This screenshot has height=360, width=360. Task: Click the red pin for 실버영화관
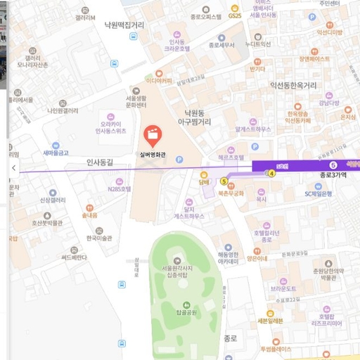coord(150,134)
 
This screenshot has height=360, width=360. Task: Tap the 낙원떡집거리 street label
coord(124,25)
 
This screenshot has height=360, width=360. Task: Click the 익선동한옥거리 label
coord(303,85)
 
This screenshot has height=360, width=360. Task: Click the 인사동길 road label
coord(101,162)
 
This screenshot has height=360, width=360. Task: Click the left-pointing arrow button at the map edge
coord(14,168)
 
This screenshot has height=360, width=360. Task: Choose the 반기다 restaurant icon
coord(258,60)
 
